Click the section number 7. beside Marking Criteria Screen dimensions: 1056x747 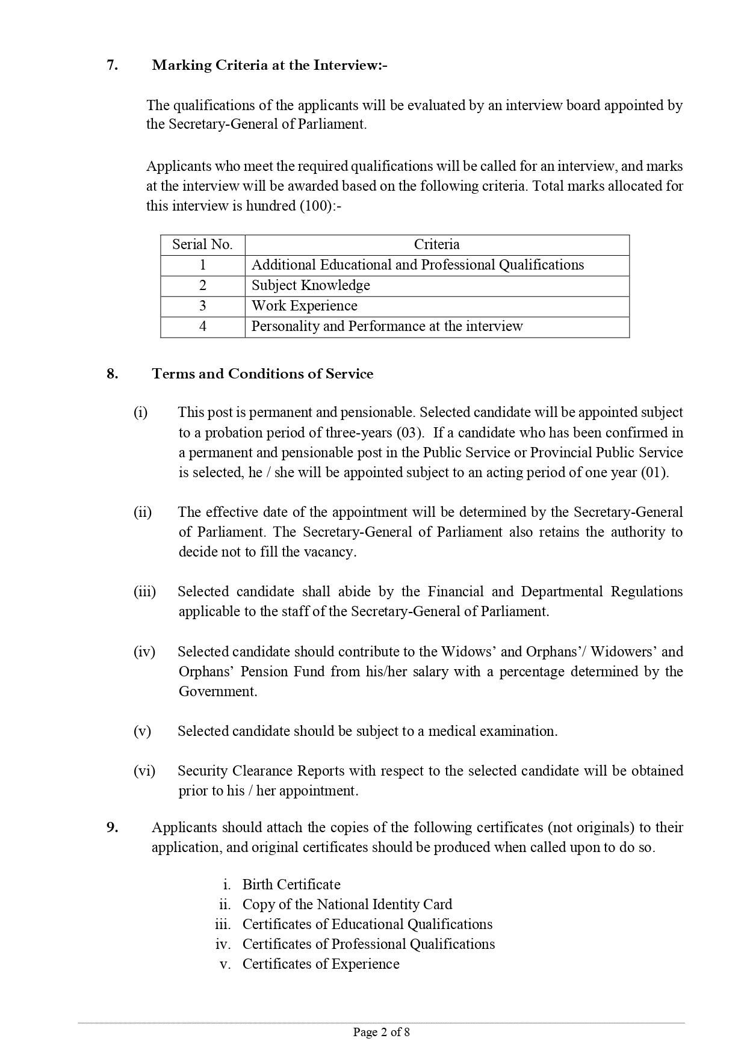pyautogui.click(x=112, y=66)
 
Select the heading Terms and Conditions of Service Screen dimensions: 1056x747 pyautogui.click(x=262, y=374)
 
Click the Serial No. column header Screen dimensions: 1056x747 pyautogui.click(x=202, y=244)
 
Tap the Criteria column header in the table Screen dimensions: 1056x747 pyautogui.click(x=436, y=244)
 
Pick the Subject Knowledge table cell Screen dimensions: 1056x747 pyautogui.click(x=311, y=285)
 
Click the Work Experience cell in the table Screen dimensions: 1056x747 pyautogui.click(x=304, y=306)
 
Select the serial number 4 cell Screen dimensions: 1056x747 pyautogui.click(x=202, y=326)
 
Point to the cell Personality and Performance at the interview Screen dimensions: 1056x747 pyautogui.click(x=387, y=326)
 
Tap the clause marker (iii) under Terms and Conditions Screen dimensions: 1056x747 pyautogui.click(x=144, y=591)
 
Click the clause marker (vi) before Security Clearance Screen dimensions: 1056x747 pyautogui.click(x=144, y=771)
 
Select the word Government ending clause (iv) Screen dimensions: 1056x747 pyautogui.click(x=217, y=691)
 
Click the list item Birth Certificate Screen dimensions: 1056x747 pyautogui.click(x=291, y=885)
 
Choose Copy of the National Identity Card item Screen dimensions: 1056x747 pyautogui.click(x=347, y=904)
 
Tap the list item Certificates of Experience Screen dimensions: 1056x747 pyautogui.click(x=321, y=964)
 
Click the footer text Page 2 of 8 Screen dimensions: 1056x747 pyautogui.click(x=382, y=1033)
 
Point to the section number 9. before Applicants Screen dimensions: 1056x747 pyautogui.click(x=112, y=827)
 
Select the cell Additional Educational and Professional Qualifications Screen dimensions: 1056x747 pyautogui.click(x=418, y=265)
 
